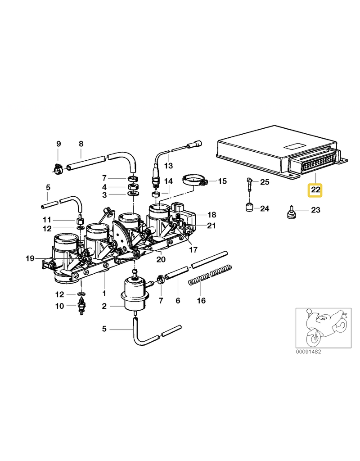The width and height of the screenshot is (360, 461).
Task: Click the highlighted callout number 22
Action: click(315, 190)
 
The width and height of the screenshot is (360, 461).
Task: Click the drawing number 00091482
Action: click(309, 351)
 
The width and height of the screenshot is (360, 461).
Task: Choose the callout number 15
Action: click(222, 181)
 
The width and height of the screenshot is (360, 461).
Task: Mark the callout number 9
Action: click(58, 144)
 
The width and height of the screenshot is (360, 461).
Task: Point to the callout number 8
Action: click(81, 144)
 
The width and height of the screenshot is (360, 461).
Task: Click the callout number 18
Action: click(211, 215)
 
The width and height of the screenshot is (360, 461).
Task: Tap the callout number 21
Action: click(211, 225)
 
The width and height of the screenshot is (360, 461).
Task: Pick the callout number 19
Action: click(30, 258)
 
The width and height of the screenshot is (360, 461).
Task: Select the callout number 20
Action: click(161, 259)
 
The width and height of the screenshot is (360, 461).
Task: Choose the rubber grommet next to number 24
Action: click(247, 208)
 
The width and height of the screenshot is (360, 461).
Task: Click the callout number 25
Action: click(265, 182)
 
